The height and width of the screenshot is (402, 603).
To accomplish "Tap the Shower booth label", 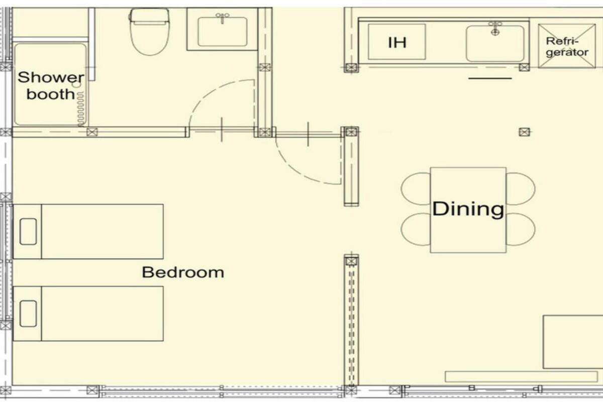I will tap(50, 85).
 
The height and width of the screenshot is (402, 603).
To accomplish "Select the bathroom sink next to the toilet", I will tap(222, 31).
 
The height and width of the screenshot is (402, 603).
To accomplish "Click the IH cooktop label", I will tap(397, 42).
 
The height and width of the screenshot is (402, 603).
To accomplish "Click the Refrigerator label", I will tap(567, 46).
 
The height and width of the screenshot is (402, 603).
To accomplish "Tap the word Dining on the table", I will tap(468, 209).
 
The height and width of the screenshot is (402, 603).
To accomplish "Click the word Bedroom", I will tap(182, 273).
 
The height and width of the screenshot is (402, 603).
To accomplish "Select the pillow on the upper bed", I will tap(28, 232).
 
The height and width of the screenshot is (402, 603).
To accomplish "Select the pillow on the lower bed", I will tap(28, 314).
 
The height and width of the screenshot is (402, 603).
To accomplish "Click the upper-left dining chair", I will tap(415, 189).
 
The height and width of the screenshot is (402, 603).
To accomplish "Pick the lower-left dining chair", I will tap(415, 229).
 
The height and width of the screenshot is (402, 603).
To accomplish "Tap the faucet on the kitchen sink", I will tap(495, 27).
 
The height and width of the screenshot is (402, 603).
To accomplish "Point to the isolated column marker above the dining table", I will tap(524, 132).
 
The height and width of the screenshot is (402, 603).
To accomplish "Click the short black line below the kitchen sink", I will tap(490, 78).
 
